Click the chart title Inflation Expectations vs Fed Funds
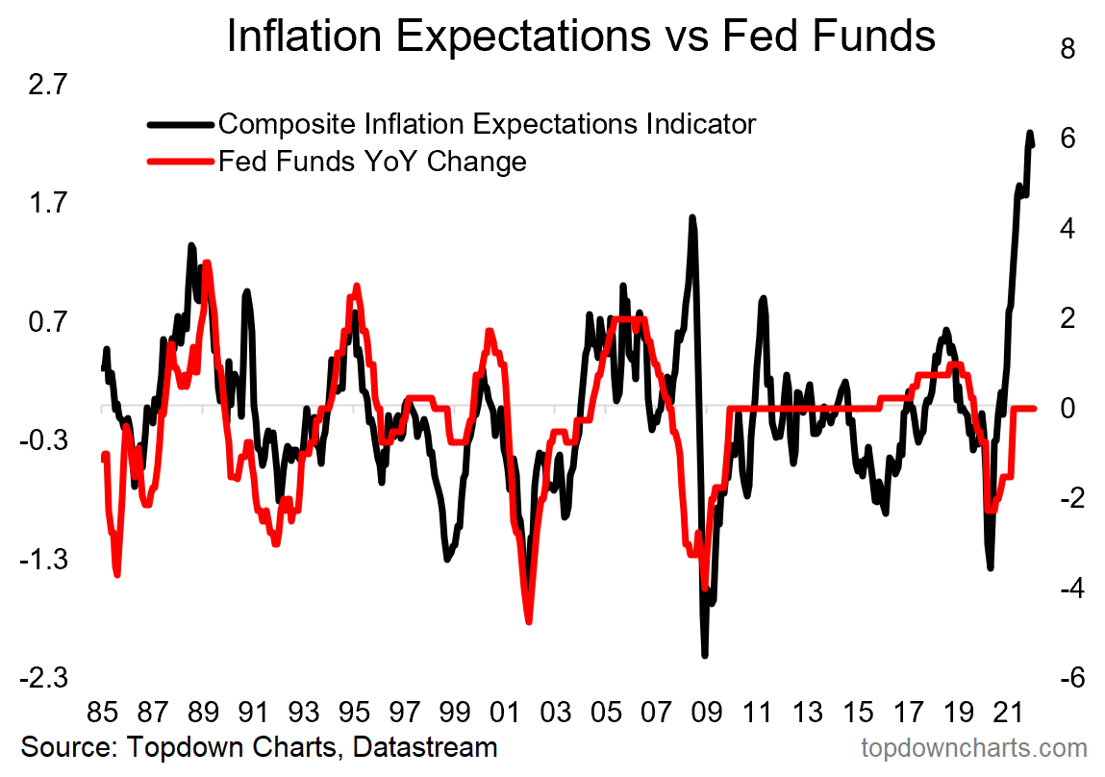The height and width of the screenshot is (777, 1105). (x=580, y=37)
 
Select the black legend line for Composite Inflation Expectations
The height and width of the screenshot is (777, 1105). (x=181, y=124)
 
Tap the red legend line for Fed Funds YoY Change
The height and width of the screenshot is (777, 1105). (x=181, y=161)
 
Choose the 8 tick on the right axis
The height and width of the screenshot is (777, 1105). (x=1067, y=49)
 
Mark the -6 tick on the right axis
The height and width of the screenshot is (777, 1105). (x=1063, y=678)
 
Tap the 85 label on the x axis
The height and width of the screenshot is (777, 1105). (x=101, y=714)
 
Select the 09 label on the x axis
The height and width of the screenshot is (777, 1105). (x=706, y=714)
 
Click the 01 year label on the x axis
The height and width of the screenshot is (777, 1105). (x=504, y=714)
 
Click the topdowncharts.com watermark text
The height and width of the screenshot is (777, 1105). (x=973, y=748)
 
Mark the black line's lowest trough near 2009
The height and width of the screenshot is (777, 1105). (x=705, y=655)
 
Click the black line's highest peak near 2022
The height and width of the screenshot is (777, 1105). (x=1030, y=134)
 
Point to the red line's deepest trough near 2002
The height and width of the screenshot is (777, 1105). (x=529, y=621)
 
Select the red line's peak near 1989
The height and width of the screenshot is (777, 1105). (x=207, y=263)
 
